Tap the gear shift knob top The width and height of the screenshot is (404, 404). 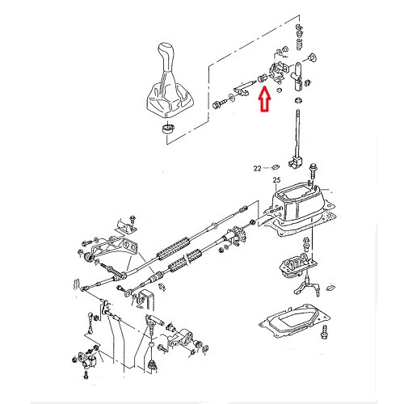(170, 56)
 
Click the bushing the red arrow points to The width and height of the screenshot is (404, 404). (261, 78)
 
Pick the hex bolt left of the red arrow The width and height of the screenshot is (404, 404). (219, 103)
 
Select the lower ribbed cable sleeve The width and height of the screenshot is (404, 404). (179, 263)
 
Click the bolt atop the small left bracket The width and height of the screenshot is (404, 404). (129, 219)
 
